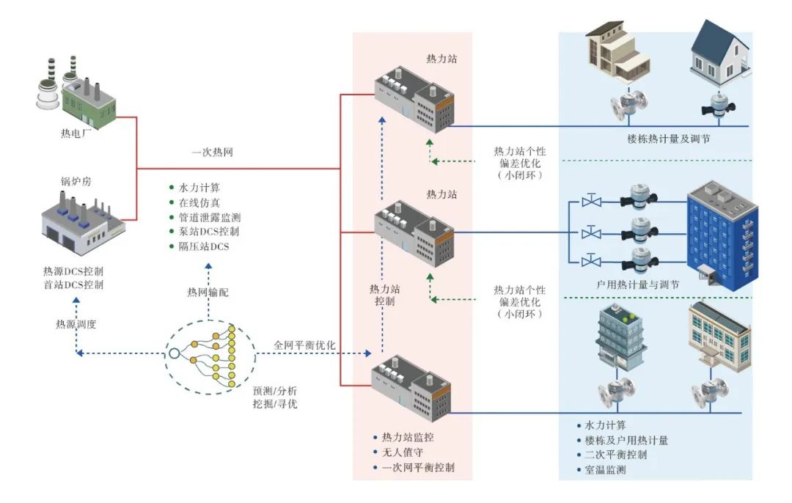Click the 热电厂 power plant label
73,134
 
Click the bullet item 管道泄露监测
210,218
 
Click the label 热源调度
76,323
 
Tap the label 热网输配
208,292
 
